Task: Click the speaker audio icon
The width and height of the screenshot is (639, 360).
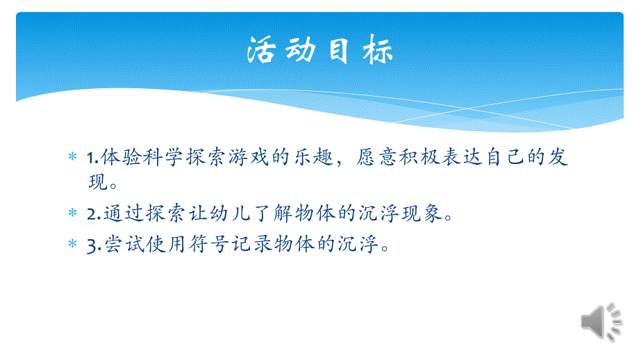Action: click(x=601, y=322)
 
